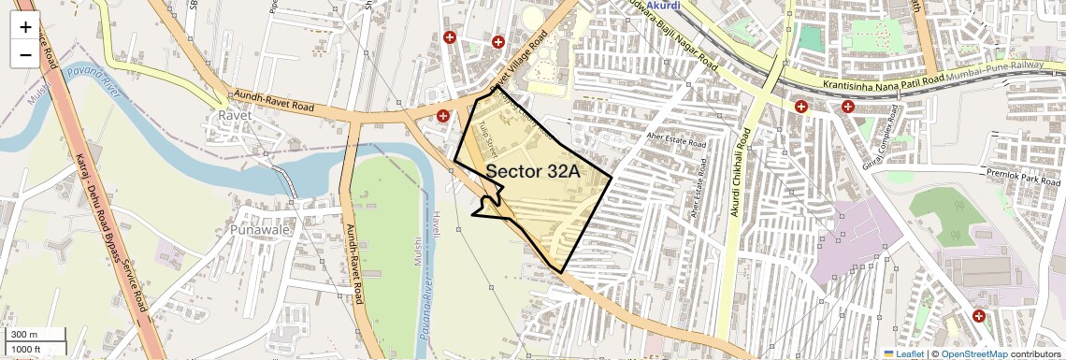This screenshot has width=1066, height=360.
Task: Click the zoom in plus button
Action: pyautogui.click(x=25, y=26)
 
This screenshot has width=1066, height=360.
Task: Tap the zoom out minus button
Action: pyautogui.click(x=25, y=54)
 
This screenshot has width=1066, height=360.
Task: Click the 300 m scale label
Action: pyautogui.click(x=25, y=335)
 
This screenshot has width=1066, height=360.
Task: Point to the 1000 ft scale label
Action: pyautogui.click(x=25, y=349)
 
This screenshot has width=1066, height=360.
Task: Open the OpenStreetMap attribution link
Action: pyautogui.click(x=973, y=353)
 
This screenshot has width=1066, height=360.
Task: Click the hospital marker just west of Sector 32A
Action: pyautogui.click(x=443, y=115)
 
